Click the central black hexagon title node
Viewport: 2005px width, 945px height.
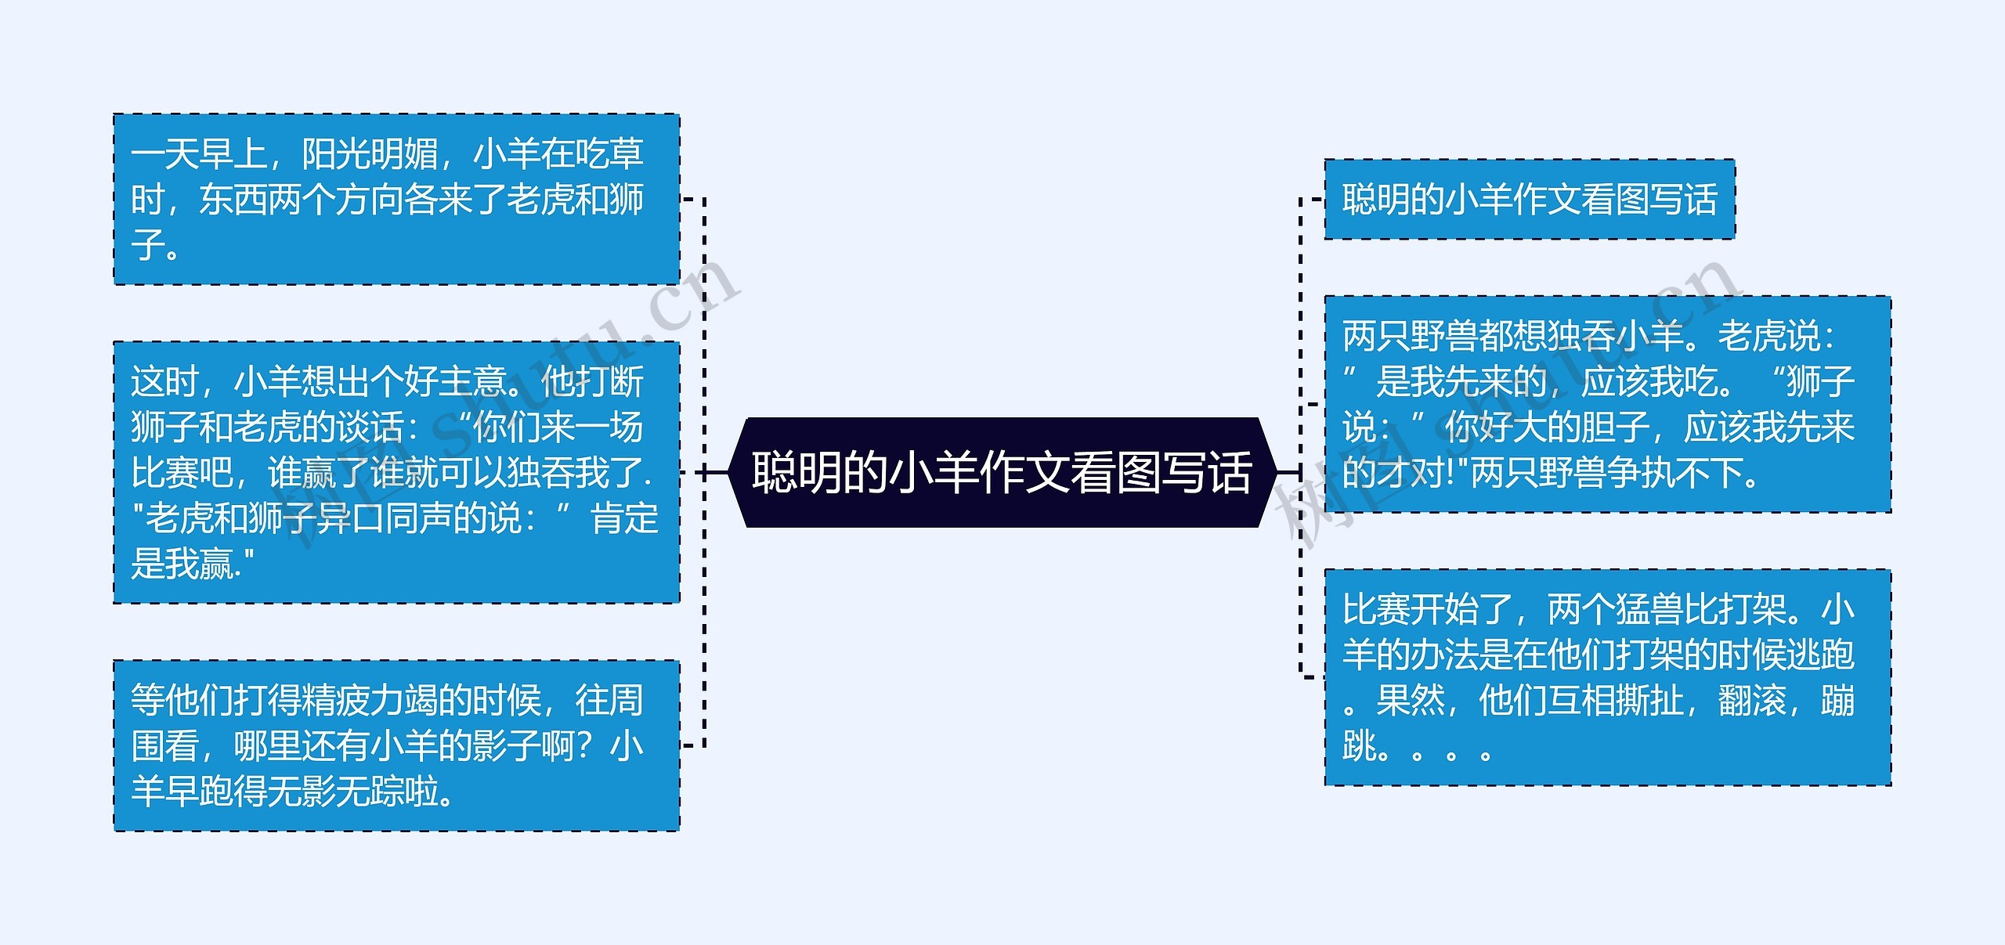(1002, 472)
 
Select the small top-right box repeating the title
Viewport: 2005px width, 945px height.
(1529, 199)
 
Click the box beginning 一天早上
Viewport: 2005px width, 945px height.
(396, 199)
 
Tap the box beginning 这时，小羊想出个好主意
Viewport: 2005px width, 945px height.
(396, 472)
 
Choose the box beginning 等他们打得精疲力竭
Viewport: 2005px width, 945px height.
(396, 745)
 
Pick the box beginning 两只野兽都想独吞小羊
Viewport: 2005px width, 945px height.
(1607, 404)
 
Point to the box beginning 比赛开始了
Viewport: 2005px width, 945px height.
(1607, 677)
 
